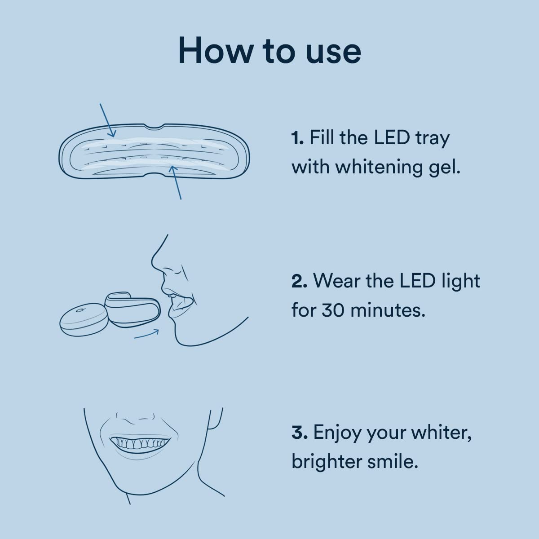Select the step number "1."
point(298,138)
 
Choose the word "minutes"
point(387,310)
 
